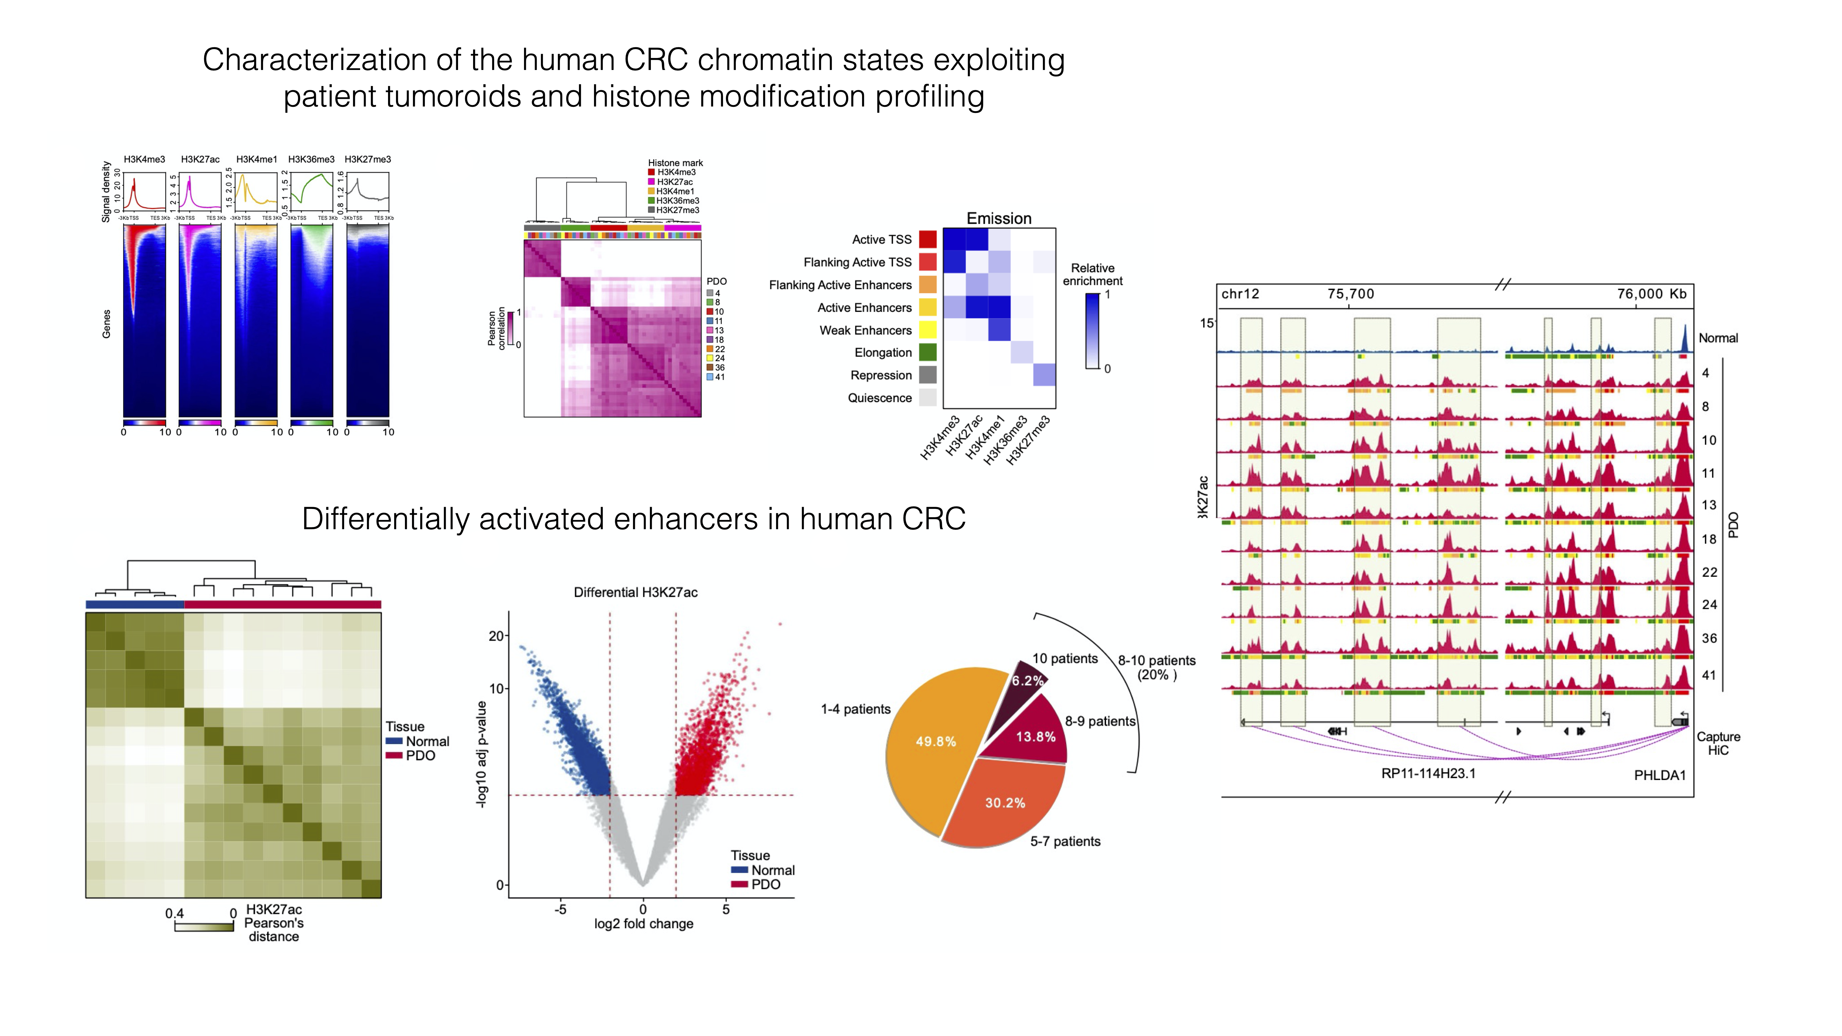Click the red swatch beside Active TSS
click(927, 239)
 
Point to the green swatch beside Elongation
click(927, 352)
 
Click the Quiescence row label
click(880, 398)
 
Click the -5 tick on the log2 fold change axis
click(561, 910)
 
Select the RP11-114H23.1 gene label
click(1428, 774)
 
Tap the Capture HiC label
click(1718, 743)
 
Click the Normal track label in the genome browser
click(1718, 338)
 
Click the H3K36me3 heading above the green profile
click(311, 159)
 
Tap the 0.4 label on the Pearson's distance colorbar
click(174, 914)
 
